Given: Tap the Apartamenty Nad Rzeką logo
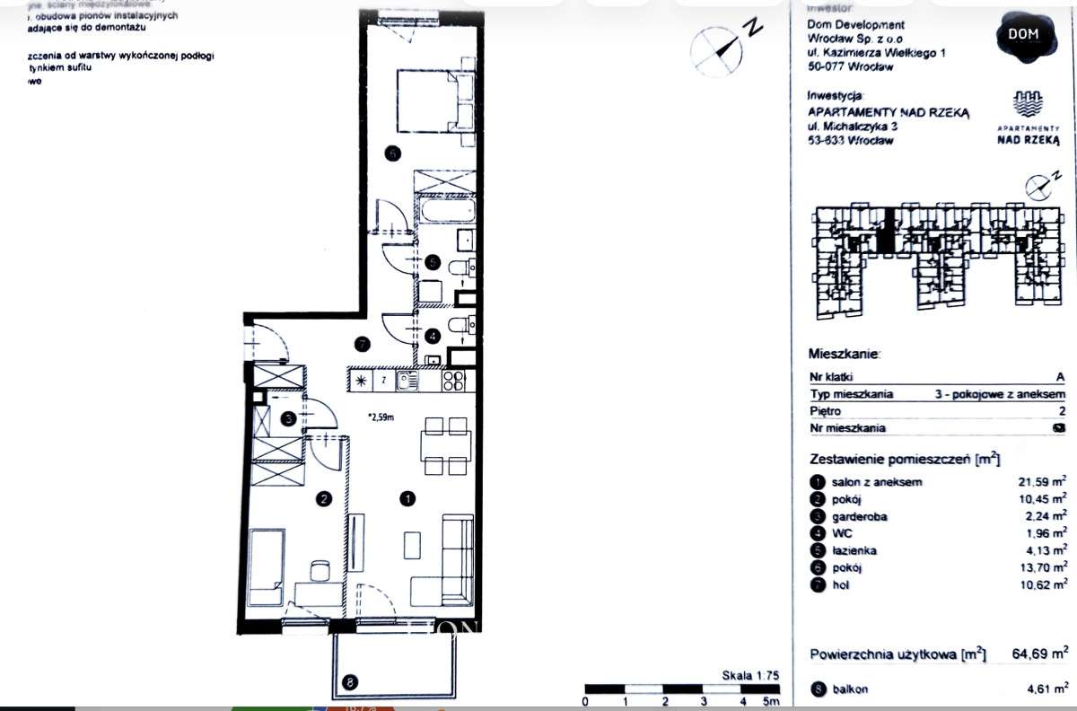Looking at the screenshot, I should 1029,117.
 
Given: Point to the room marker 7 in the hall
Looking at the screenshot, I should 362,344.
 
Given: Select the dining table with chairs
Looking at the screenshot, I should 446,445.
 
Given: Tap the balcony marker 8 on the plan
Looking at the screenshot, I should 349,682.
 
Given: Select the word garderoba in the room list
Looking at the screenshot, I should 858,516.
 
